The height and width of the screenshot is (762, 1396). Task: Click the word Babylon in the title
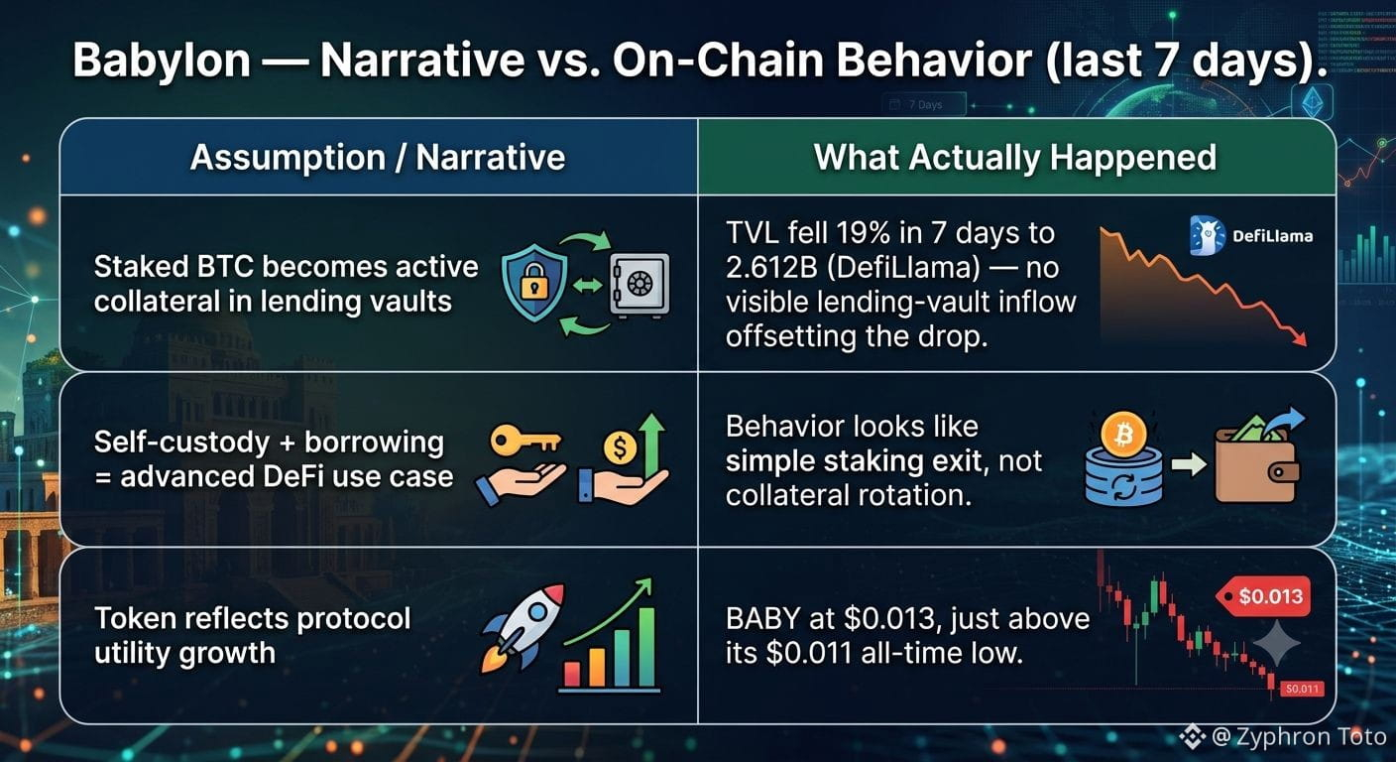(162, 61)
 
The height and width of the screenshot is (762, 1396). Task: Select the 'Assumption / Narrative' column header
(378, 157)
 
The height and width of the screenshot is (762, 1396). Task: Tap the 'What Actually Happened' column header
(1014, 157)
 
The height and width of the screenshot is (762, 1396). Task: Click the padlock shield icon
(534, 283)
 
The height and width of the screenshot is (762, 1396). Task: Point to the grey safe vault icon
(640, 285)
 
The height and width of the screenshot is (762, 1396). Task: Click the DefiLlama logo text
(1273, 236)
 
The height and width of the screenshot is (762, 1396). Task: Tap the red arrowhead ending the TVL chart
(1299, 338)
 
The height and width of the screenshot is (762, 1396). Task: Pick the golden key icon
(525, 441)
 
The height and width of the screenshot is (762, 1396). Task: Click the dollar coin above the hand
(620, 447)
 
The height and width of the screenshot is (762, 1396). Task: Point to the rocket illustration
(523, 627)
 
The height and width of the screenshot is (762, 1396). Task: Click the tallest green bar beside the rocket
(645, 647)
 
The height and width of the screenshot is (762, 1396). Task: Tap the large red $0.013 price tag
(1264, 596)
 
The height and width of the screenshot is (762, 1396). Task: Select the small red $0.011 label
(1302, 689)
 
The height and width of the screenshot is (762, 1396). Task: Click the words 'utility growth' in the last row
(184, 654)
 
